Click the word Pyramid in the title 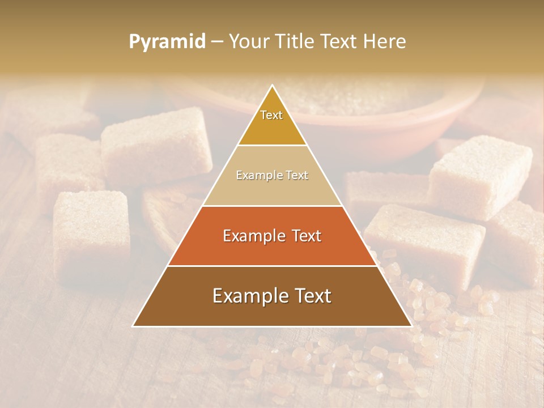click(167, 42)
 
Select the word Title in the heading click(296, 42)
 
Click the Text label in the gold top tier click(271, 115)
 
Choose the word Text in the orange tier click(307, 236)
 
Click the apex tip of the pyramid click(273, 86)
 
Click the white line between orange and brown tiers click(272, 266)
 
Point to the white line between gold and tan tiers click(272, 146)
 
